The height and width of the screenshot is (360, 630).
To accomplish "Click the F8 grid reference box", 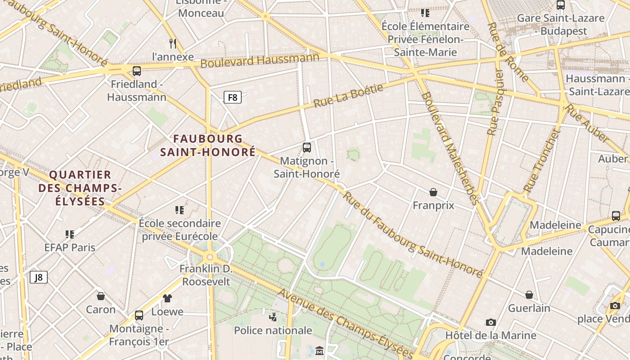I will point(233,97).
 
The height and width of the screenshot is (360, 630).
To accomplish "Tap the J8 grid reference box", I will point(39,277).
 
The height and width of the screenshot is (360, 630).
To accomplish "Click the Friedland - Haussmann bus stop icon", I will point(137,71).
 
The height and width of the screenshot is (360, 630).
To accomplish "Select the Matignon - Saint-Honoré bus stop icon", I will point(307,148).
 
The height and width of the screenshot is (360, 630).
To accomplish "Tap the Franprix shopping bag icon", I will point(433,193).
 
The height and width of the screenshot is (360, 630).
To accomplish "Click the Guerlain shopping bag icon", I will point(529,295).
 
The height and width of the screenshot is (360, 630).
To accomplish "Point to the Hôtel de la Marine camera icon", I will point(491,322).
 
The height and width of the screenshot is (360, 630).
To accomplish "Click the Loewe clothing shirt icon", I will point(167,298).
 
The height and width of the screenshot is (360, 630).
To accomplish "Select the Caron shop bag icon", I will point(101,296).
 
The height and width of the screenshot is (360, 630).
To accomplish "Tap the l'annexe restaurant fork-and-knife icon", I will point(173,43).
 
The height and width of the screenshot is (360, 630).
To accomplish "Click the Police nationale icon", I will point(273,317).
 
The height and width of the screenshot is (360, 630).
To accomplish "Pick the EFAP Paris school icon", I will point(70,234).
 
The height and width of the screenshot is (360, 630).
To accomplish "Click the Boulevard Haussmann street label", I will point(260,60).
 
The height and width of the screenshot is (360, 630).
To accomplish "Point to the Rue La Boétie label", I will point(348,95).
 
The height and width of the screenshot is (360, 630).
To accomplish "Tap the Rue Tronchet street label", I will point(542,160).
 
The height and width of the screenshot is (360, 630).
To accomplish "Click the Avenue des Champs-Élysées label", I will point(345,323).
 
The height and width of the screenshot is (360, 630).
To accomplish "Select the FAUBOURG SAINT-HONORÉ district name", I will point(208,145).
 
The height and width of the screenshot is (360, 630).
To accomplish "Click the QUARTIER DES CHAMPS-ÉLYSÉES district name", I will point(80,188).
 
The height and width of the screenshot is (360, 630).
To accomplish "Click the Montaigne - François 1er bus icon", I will point(139,315).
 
